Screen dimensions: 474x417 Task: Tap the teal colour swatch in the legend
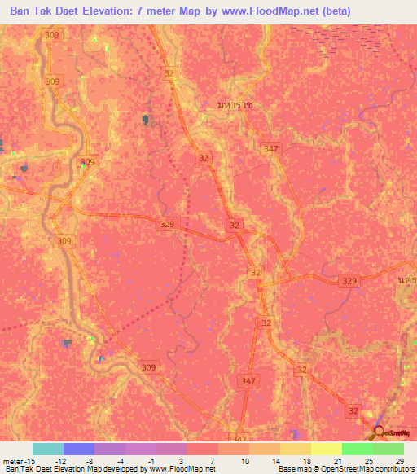tap(47, 450)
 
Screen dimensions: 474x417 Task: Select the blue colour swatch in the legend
tap(78, 450)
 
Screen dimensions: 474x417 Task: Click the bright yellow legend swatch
tap(326, 450)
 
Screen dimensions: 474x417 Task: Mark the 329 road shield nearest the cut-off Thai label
tap(349, 280)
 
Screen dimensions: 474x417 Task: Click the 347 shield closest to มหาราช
tap(271, 148)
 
